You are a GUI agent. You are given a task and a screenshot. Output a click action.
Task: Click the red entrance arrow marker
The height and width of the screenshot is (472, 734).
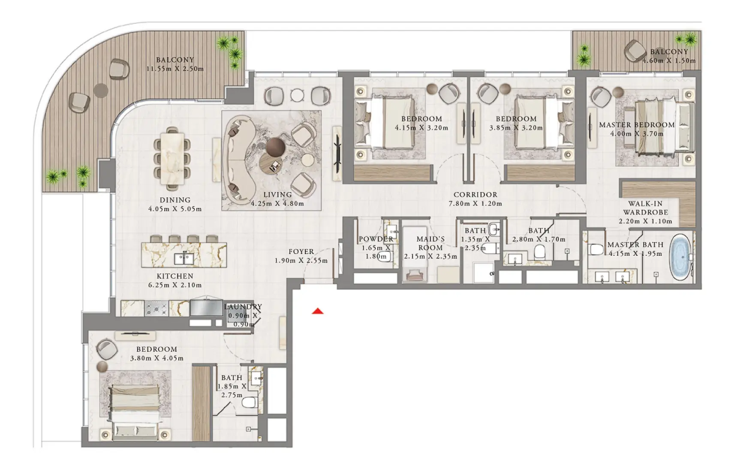[318, 311]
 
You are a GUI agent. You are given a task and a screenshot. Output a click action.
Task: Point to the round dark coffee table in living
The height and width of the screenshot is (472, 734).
[275, 147]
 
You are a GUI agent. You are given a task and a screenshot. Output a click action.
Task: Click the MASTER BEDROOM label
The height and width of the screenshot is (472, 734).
[637, 125]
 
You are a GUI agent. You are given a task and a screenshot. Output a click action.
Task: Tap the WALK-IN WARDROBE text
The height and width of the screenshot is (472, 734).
[645, 208]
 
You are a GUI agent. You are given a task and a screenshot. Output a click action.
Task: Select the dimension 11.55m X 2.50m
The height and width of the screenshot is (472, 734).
[175, 69]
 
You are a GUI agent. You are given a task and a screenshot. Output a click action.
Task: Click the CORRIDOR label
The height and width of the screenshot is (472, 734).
[475, 195]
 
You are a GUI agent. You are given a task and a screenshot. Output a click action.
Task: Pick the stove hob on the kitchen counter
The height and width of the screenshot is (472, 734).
[156, 308]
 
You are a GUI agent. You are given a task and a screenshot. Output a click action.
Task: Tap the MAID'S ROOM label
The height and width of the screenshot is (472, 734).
[430, 243]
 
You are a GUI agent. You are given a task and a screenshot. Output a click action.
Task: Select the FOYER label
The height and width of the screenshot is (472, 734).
[301, 252]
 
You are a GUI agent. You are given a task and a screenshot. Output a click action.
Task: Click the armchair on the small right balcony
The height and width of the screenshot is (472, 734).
[635, 51]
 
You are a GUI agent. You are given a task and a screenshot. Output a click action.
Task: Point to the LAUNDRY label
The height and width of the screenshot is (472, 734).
[243, 307]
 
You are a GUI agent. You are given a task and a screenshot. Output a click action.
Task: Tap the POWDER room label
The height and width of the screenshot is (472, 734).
[376, 239]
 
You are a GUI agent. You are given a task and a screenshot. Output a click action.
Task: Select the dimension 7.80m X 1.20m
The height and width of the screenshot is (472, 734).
[475, 204]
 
